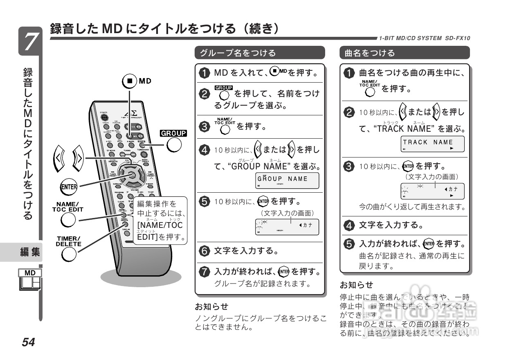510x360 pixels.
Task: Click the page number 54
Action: point(29,342)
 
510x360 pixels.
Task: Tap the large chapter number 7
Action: point(30,41)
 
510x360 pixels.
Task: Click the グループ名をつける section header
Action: point(238,53)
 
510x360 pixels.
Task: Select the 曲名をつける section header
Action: point(370,53)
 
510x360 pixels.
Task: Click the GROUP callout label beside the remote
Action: point(173,133)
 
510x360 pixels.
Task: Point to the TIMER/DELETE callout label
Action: point(68,241)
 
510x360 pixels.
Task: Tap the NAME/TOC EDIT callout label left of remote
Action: point(67,207)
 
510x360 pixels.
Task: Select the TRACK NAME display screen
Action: point(433,144)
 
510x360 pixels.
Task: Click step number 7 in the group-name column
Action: point(204,272)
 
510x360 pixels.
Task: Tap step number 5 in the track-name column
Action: point(348,244)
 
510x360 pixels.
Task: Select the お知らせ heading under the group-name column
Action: point(211,306)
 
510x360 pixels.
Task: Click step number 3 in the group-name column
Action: point(204,126)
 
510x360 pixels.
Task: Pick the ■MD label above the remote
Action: point(137,81)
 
